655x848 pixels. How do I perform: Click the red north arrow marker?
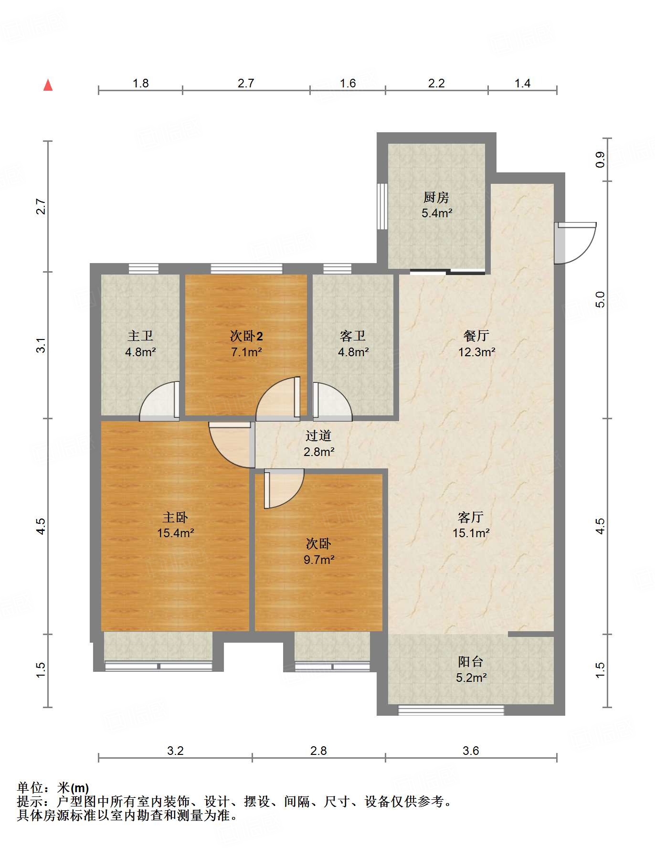point(48,85)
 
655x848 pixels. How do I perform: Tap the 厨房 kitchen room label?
point(436,197)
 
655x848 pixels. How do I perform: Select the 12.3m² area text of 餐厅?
point(476,352)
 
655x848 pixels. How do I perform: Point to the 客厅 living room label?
point(471,517)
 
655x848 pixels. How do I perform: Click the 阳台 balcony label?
point(471,661)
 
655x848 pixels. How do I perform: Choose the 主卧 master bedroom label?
point(175,517)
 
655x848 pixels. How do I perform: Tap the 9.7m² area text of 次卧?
point(319,560)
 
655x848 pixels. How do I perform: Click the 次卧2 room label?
point(246,336)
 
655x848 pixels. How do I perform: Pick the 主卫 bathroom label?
point(140,336)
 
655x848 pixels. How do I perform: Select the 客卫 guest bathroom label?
point(353,336)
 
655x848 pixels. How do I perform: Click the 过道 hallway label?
point(318,435)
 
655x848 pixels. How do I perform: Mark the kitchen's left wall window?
point(382,206)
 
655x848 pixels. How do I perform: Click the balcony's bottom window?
point(451,710)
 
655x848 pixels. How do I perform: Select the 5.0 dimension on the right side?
point(601,300)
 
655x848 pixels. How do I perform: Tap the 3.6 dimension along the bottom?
point(471,751)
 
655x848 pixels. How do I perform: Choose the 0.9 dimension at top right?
point(601,159)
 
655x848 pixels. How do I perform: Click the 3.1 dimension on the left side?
point(42,345)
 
